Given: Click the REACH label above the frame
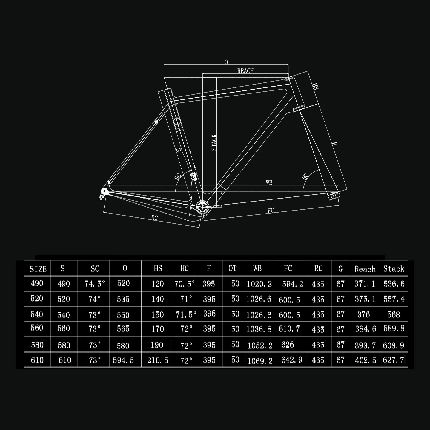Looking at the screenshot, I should coord(245,71).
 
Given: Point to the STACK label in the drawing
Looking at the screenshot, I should coord(214,142).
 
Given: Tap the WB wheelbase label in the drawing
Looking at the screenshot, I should coord(269,182).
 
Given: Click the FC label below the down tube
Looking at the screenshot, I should coord(271,211).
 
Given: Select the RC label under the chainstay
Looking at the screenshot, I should coord(154,218).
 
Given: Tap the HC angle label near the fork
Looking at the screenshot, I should coord(305,176).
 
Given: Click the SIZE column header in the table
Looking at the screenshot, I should coord(38,269).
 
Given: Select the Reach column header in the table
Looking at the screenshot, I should coord(365,269).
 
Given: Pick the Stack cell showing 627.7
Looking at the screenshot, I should coord(393,360).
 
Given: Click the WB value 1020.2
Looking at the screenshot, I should coord(259,284).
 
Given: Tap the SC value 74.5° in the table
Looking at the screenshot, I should coord(94,284).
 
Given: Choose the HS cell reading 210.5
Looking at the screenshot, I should coord(157,360).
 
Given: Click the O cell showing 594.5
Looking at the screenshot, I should coord(123,360).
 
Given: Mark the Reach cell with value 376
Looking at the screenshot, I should coord(363,314).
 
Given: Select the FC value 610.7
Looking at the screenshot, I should coord(289,329).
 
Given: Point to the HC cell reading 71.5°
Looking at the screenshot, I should coord(185,314).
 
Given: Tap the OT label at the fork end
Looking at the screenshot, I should coord(334,196).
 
